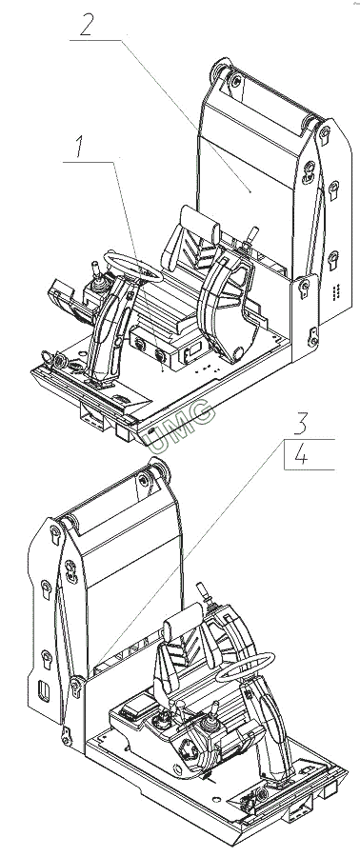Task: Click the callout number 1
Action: [80, 147]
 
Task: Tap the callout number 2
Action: [87, 24]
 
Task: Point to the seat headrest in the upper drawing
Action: [200, 220]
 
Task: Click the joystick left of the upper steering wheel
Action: [95, 278]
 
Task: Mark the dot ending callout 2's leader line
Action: [250, 191]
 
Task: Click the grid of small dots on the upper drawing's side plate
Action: [336, 289]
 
